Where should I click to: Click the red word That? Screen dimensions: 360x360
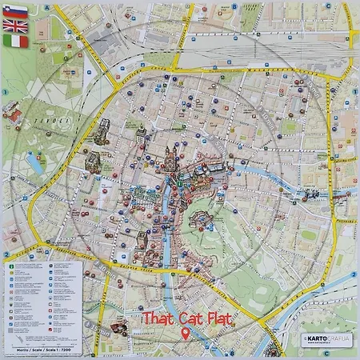coord(157,318)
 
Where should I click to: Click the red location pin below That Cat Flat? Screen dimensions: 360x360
coord(186,334)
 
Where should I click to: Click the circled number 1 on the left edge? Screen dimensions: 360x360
coord(5,92)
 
